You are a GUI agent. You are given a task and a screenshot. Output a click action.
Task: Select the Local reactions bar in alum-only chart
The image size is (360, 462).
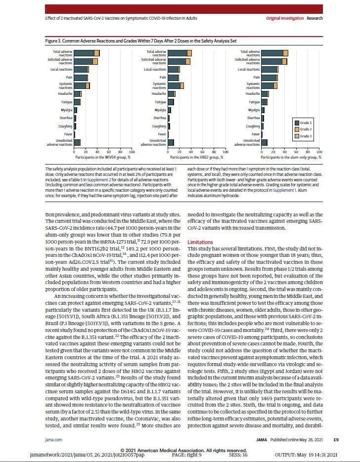tap(270, 70)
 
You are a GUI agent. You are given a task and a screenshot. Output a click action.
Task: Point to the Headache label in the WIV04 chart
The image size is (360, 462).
tap(66, 93)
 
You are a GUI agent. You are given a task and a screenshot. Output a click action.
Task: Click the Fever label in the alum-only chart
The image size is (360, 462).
tap(255, 134)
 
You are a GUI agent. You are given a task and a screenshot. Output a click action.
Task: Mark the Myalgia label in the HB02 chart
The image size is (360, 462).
tap(160, 110)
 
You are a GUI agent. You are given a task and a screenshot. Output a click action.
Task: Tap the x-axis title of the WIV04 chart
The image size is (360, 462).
tap(102, 157)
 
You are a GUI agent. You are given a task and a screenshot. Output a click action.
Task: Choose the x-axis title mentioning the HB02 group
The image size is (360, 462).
tap(196, 157)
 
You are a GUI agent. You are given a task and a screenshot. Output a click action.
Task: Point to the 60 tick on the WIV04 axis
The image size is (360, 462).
tap(109, 152)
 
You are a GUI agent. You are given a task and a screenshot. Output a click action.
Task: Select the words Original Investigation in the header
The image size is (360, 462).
tap(285, 18)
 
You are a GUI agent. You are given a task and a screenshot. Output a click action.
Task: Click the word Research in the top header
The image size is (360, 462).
tap(315, 18)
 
